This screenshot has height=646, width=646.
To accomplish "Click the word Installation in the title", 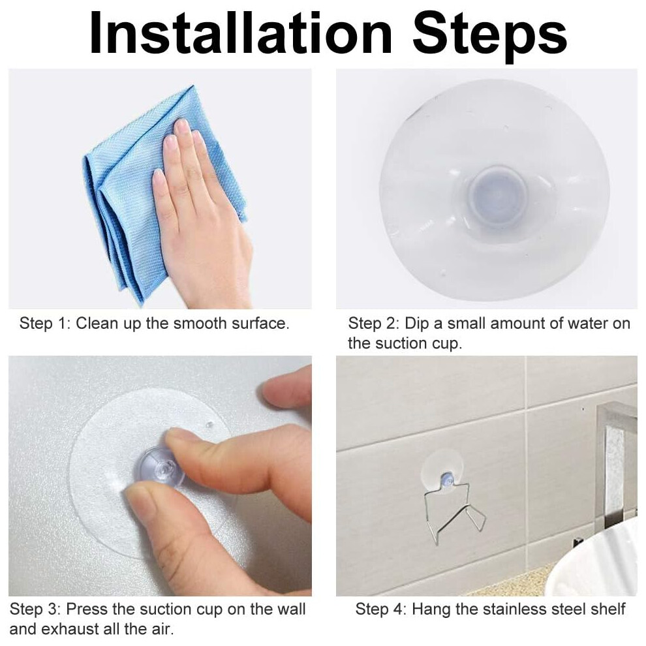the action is click(241, 33).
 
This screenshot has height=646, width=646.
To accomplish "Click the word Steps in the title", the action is click(489, 37).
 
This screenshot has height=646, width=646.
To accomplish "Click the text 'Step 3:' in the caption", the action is click(35, 609).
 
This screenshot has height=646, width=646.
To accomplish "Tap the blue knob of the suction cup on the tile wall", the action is click(446, 479).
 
